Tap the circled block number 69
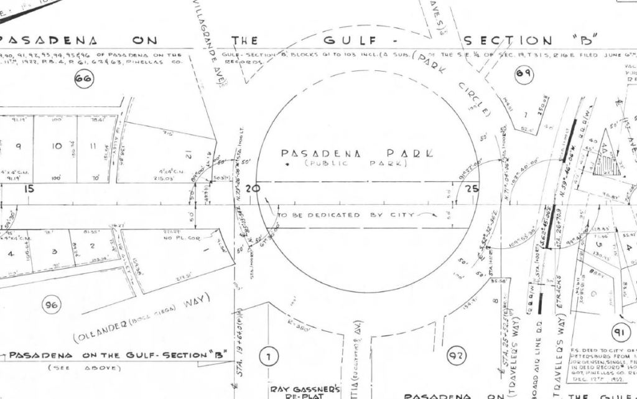click(x=522, y=75)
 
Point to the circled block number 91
click(x=620, y=331)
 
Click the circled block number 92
click(x=456, y=356)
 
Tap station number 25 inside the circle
click(x=472, y=189)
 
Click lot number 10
click(x=57, y=146)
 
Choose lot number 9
click(x=18, y=146)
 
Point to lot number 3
click(x=54, y=251)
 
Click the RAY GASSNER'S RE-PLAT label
click(x=305, y=392)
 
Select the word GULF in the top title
click(x=350, y=40)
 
